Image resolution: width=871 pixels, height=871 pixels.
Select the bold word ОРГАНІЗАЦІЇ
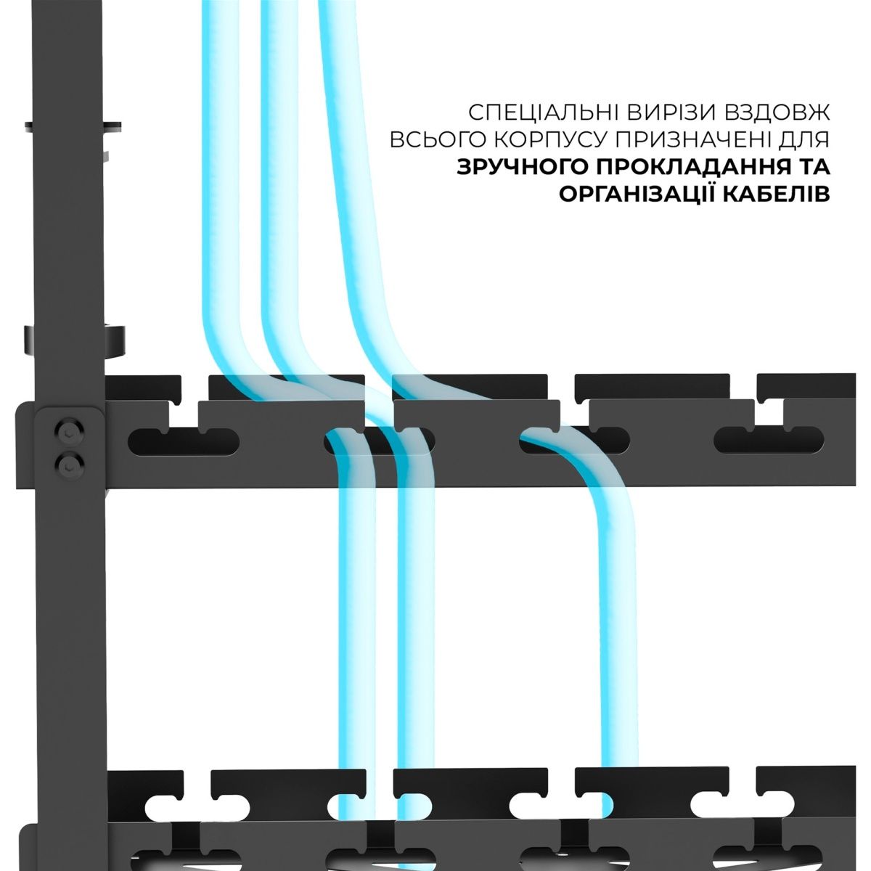click(x=636, y=194)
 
